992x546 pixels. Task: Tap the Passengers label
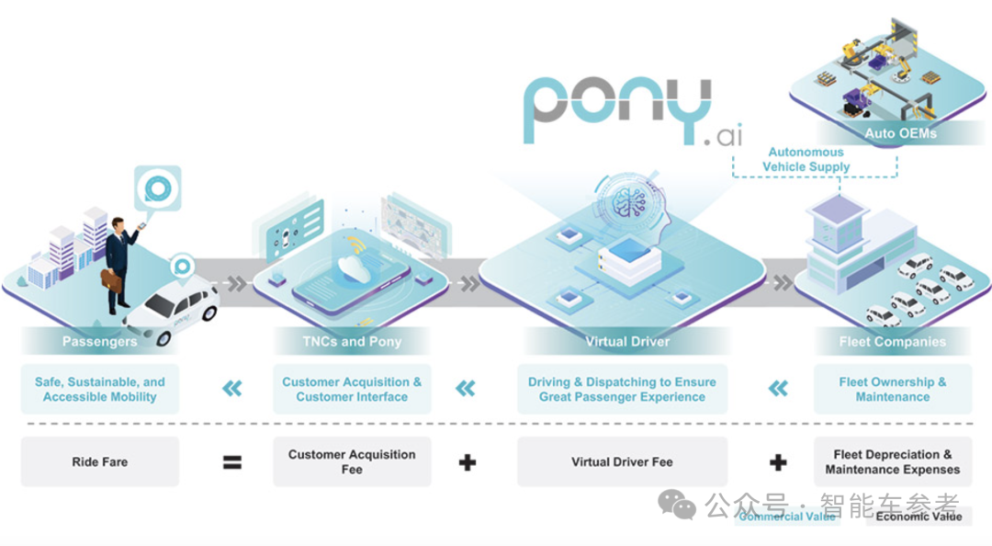[x=99, y=342]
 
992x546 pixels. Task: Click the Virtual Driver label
[x=626, y=342]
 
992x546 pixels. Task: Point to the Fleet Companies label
[x=892, y=342]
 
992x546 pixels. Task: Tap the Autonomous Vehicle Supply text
[x=806, y=159]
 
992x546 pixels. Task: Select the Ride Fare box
[x=99, y=461]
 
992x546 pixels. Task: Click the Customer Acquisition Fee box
[x=352, y=461]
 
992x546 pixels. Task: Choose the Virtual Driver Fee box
[x=622, y=461]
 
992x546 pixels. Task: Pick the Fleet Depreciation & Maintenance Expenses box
[x=892, y=461]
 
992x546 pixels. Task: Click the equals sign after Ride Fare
[x=231, y=461]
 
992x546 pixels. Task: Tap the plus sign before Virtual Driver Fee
[x=468, y=461]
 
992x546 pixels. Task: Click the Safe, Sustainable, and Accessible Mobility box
[x=99, y=390]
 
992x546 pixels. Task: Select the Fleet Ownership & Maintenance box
[x=892, y=390]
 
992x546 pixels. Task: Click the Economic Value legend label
[x=918, y=517]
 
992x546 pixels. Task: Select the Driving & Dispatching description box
[x=622, y=390]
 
